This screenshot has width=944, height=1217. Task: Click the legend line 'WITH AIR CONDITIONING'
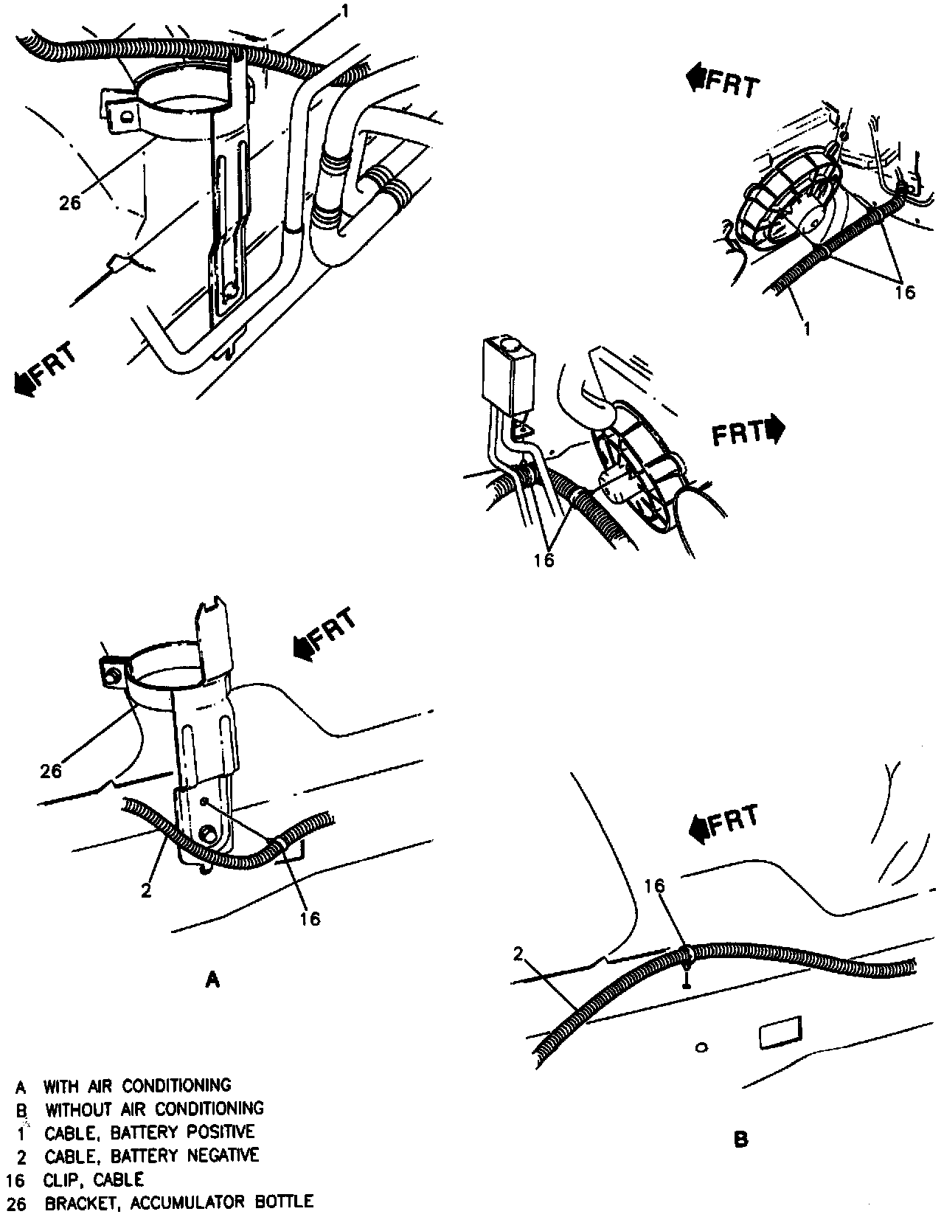pos(136,1086)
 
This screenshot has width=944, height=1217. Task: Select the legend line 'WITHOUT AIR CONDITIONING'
pos(153,1109)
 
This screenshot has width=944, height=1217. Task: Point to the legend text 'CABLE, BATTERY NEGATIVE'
pos(151,1155)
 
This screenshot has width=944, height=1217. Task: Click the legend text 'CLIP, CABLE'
pos(94,1179)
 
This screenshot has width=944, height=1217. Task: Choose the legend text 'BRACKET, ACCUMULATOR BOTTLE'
pos(179,1202)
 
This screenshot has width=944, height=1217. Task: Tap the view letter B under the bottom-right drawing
pos(741,1140)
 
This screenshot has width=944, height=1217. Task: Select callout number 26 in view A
pos(50,772)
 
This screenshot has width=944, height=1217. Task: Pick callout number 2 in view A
pos(146,890)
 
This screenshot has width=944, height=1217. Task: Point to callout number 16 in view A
pos(310,918)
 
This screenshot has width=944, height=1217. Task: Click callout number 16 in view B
pos(656,886)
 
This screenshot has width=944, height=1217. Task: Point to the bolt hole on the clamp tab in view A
pos(113,673)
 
